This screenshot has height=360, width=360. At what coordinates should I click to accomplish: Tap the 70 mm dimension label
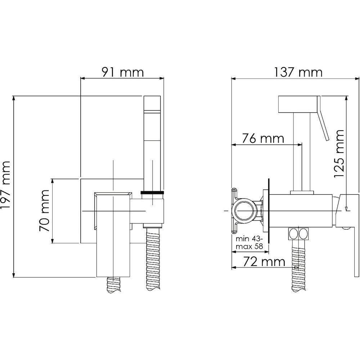[x=44, y=211]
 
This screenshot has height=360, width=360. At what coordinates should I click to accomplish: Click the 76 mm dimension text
[x=263, y=139]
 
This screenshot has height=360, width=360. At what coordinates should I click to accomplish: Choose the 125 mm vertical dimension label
[x=339, y=154]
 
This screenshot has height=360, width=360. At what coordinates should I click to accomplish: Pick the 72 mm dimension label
[x=264, y=262]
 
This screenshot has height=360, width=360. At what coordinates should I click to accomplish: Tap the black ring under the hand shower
[x=152, y=192]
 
